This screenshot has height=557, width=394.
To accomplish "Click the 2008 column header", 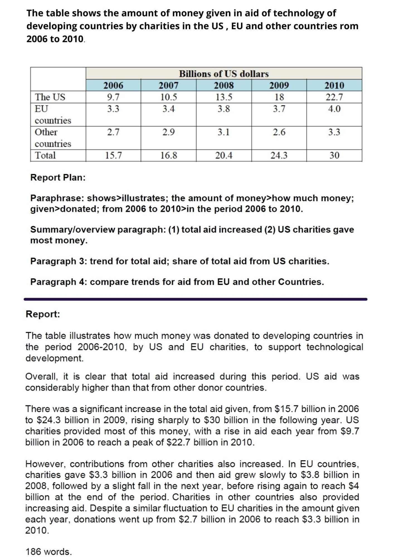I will (224, 85).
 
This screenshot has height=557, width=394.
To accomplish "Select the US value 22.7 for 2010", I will (334, 97).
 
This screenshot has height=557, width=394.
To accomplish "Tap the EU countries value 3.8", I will (224, 109).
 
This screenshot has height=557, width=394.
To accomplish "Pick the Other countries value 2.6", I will (279, 132).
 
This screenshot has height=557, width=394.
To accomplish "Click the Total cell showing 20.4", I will (224, 155).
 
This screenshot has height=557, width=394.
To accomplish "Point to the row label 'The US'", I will (50, 97).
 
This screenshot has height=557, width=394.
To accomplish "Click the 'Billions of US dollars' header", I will (224, 74).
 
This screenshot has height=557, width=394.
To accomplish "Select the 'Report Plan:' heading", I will (58, 177).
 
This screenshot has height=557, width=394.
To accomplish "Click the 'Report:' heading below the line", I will (43, 314).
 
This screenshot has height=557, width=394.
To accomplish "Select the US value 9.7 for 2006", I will (113, 97).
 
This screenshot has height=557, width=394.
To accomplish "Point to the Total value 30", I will (334, 155).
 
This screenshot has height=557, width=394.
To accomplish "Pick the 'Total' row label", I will (45, 155).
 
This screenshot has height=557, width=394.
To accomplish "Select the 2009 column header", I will (279, 85).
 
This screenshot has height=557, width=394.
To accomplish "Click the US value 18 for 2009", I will (279, 97).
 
